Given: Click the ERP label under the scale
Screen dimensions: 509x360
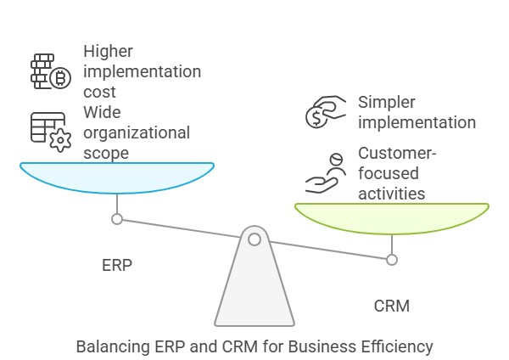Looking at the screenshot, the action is coord(117,266).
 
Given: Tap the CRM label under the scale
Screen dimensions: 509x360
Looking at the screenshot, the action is coord(391,306).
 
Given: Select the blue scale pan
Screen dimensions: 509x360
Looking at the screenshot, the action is coord(117,177).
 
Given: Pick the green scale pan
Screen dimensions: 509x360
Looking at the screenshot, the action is coord(392,217).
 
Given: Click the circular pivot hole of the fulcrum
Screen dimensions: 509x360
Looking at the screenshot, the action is coord(255,239).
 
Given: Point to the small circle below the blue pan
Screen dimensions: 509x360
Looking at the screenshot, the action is coord(117,219).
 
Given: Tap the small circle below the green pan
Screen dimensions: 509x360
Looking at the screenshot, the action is coord(392,260).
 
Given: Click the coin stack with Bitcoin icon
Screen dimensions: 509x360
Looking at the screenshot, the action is coord(51,71).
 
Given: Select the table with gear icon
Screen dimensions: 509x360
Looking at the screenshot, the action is coord(51,132).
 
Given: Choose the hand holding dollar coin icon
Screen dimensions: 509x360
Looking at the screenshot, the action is coord(326,112).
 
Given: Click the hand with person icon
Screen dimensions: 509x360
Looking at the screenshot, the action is coord(325,173).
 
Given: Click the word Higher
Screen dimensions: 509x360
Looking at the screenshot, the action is coord(108,51).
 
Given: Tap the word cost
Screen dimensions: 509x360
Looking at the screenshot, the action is coord(99,92).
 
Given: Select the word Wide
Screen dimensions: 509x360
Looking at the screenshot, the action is coord(102,112).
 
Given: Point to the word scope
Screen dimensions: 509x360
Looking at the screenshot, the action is coord(106,153).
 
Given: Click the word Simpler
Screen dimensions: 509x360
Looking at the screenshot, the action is coord(387,103).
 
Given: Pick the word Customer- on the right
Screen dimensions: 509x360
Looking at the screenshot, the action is coord(397,153).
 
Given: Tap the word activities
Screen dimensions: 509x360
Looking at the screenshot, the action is coord(391,194).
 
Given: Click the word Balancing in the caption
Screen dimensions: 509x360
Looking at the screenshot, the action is coord(113,346).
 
